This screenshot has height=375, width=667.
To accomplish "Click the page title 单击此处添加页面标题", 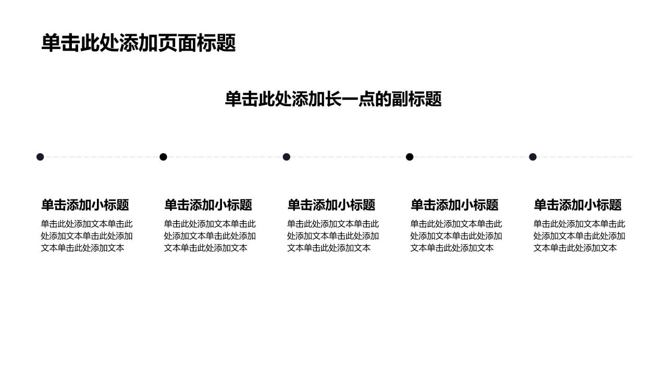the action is [139, 43].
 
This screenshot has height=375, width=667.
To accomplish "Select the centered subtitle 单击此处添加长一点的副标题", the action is [333, 99].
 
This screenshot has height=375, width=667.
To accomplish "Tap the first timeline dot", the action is [40, 157].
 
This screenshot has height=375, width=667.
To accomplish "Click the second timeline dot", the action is [163, 157].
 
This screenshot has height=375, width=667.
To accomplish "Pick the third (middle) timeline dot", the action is [287, 157].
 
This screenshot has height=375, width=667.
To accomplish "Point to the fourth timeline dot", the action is [410, 157].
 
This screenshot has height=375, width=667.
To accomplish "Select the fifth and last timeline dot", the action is [533, 157].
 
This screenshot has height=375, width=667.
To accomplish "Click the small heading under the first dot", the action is [85, 205].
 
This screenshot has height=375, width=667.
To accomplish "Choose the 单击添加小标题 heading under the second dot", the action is [208, 205].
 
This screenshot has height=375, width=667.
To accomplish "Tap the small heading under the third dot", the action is [331, 205].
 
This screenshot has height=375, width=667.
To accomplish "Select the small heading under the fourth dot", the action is [454, 205].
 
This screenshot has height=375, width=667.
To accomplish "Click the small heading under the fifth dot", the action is [578, 205].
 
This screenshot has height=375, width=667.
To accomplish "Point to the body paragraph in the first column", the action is [87, 236].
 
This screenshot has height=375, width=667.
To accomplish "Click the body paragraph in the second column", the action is [210, 236].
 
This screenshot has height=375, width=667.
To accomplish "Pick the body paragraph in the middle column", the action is [333, 236].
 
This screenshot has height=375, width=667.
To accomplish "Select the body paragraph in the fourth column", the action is [456, 236].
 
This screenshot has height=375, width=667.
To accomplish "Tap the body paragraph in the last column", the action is [579, 236].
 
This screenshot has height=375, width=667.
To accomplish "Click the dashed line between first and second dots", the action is [102, 157].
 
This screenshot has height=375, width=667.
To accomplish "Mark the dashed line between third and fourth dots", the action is [348, 157].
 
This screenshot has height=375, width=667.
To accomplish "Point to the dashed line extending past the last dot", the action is [585, 157].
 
